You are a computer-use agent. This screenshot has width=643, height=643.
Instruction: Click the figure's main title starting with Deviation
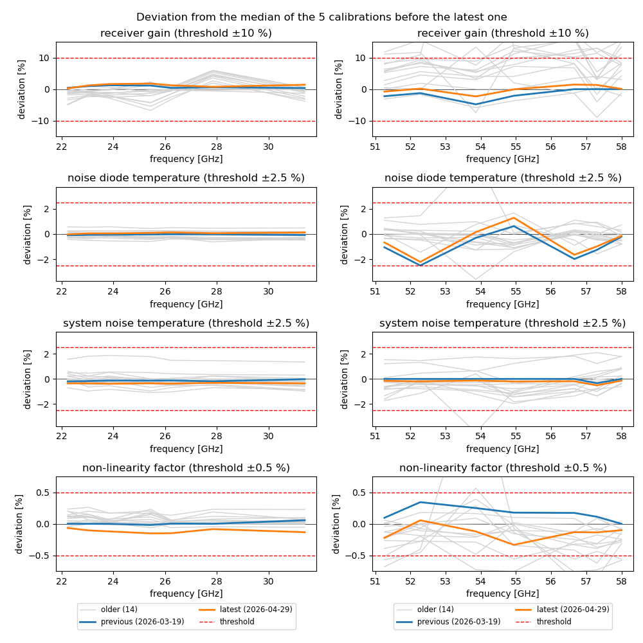coord(321,17)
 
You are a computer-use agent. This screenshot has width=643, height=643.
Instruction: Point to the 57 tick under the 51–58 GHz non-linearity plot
coord(586,581)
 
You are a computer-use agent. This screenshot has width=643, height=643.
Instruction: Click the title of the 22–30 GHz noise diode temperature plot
coord(186,178)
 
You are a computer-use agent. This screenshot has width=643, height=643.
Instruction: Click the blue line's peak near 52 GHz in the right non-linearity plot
coord(420,502)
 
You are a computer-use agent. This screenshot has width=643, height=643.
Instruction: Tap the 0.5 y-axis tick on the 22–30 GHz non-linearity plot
coord(42,493)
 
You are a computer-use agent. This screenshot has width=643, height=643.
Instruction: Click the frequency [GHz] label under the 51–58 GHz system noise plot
coord(502,449)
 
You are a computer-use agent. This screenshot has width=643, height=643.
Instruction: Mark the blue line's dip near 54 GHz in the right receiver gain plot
coord(476,104)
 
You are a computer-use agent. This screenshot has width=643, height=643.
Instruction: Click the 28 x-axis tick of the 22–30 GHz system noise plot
coord(217,437)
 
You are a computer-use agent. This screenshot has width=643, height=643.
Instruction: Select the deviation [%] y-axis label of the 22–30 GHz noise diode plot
coord(27,234)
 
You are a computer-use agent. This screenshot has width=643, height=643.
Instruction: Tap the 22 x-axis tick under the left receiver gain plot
coord(62,147)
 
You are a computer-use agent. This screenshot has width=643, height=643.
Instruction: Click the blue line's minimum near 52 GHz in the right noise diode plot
coord(420,266)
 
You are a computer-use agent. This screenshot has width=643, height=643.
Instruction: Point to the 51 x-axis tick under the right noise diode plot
coord(375,291)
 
